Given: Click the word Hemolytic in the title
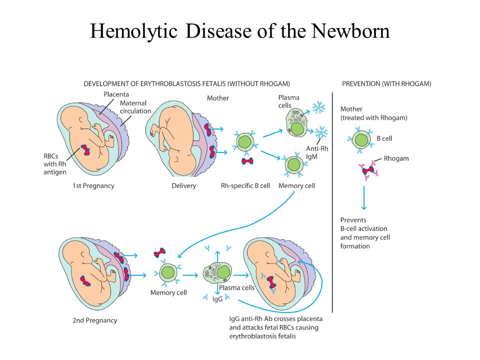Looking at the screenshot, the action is click(x=134, y=31).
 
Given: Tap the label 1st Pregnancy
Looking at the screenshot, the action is click(x=93, y=186).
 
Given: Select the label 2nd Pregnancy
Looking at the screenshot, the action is click(x=95, y=320).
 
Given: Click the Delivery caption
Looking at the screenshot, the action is click(x=183, y=186).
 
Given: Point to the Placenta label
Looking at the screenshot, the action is click(x=116, y=94).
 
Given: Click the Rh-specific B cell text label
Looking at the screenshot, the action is click(x=245, y=186).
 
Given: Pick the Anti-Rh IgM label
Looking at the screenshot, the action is click(x=317, y=152).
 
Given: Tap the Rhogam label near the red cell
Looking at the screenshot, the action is click(x=396, y=158).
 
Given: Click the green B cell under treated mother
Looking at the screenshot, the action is click(x=361, y=140).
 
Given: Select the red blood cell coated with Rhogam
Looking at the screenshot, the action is click(x=368, y=169).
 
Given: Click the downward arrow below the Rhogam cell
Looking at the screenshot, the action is click(x=364, y=198).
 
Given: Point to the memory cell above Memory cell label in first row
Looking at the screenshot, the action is click(x=294, y=164).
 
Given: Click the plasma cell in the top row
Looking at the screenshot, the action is click(x=296, y=122).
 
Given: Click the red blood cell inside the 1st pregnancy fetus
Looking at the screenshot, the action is click(x=85, y=150).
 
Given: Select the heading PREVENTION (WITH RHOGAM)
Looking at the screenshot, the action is click(x=386, y=84).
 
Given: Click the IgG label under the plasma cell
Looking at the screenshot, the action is click(x=217, y=299).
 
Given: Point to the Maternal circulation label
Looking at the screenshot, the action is click(x=135, y=107).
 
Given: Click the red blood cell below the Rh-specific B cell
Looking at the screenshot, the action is click(x=247, y=161).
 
